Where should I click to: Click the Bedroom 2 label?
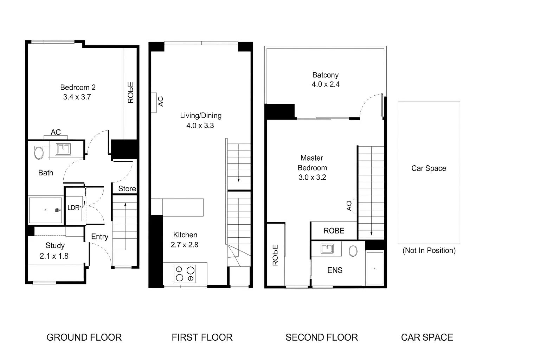tap(78, 87)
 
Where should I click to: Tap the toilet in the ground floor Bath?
tap(39, 153)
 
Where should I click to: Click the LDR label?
tap(74, 208)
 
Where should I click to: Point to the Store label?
tap(127, 189)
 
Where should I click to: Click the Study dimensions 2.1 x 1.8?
tap(54, 256)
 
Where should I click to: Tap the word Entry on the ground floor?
tap(99, 237)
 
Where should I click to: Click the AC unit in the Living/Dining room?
tap(154, 102)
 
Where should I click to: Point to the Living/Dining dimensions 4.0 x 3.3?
tap(200, 126)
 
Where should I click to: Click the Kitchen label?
tap(185, 235)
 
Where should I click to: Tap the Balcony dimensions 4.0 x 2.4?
tap(326, 84)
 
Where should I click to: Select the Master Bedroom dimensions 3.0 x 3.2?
tap(312, 178)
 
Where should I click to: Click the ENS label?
tap(335, 270)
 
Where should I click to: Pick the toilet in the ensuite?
tap(353, 251)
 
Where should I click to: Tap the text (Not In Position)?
tap(429, 251)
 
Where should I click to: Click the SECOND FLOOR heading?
tap(321, 337)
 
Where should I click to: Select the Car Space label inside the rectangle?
tap(429, 168)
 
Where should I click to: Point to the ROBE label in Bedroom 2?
tap(130, 92)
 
